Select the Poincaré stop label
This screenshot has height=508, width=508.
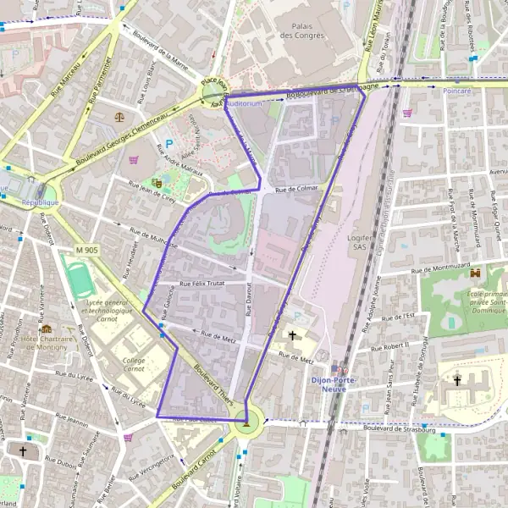(456, 89)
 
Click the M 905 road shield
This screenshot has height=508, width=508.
(86, 250)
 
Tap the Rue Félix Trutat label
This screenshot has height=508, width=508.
(202, 283)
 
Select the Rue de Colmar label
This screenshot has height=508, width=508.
(295, 190)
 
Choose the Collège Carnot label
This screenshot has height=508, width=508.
(135, 365)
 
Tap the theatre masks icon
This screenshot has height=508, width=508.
(157, 181)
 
